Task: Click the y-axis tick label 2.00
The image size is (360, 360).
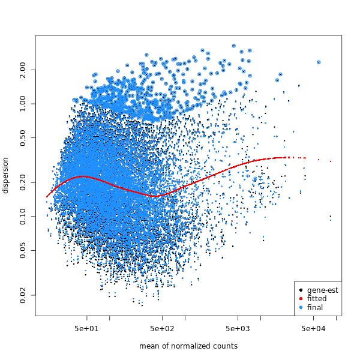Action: tap(23, 70)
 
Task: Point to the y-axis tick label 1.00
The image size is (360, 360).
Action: tap(23, 104)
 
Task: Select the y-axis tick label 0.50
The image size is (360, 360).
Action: tap(23, 138)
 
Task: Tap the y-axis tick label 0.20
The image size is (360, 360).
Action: tap(23, 182)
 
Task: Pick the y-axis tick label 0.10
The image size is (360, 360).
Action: tap(23, 216)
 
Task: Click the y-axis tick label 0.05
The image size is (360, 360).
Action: tap(23, 250)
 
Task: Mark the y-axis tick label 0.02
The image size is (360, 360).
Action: tap(23, 295)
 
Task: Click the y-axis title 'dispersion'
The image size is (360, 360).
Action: tap(6, 175)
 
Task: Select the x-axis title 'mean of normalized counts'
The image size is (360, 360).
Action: tap(188, 346)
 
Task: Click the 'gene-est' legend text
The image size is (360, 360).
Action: tap(322, 290)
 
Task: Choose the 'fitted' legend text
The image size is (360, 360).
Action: tap(317, 299)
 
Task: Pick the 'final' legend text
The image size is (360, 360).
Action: tap(315, 307)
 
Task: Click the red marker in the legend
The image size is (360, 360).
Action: tap(301, 299)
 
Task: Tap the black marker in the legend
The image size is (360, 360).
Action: tap(301, 290)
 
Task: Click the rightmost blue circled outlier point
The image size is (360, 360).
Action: tap(319, 62)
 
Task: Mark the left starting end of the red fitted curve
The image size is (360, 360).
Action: tap(47, 196)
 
